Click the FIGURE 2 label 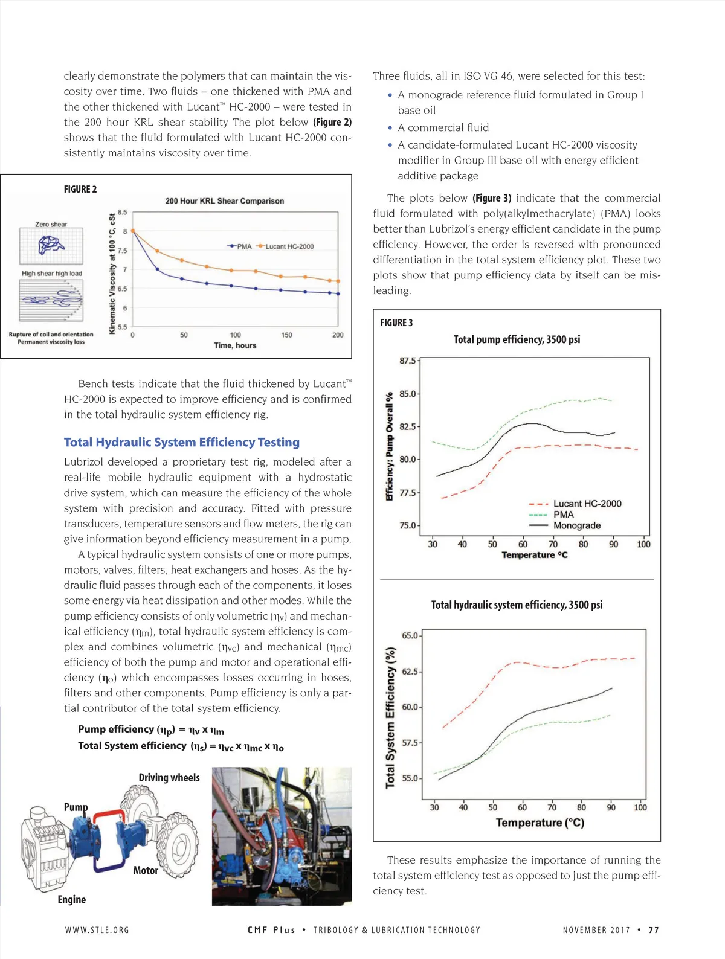pos(80,189)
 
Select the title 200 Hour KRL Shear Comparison pos(224,201)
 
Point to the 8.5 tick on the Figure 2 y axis pos(123,213)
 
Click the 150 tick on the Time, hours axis pos(286,335)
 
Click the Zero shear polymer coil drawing pos(51,244)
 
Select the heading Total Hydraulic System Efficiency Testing pos(182,442)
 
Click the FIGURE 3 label pos(396,322)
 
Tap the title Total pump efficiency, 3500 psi pos(517,339)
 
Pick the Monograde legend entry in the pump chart pos(576,525)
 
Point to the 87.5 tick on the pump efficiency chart pos(408,361)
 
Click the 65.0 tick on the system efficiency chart pos(410,635)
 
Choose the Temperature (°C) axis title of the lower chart pos(540,823)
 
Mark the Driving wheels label pos(169,777)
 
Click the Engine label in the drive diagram pos(72,899)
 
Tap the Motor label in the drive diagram pos(146,870)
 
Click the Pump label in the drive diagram pos(76,807)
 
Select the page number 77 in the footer pos(654,930)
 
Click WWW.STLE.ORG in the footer pos(97,930)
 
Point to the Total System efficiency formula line pos(181,746)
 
